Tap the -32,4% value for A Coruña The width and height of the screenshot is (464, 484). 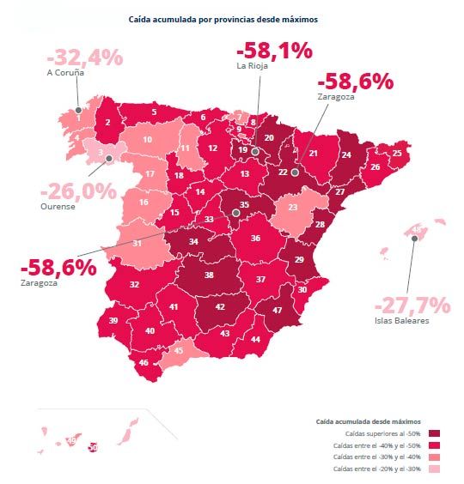click(85, 58)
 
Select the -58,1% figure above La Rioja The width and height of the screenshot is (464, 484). click(274, 51)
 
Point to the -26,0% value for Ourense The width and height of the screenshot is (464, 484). click(78, 191)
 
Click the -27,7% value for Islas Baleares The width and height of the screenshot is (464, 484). click(412, 306)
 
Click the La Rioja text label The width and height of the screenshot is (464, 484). click(253, 65)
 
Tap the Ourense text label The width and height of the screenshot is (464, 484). click(58, 207)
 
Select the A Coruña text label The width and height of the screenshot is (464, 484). click(64, 74)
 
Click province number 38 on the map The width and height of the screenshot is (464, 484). click(209, 275)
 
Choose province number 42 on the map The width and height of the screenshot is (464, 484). click(220, 306)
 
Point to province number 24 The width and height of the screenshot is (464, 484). click(345, 155)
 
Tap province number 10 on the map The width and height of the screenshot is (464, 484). click(148, 139)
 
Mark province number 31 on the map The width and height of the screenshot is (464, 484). click(137, 243)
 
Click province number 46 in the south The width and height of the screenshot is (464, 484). click(143, 363)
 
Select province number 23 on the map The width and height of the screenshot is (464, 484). click(292, 207)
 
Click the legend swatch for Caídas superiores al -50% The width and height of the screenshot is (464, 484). click(435, 433)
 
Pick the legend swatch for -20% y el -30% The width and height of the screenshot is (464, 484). click(435, 469)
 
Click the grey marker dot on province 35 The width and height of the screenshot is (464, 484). click(235, 211)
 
